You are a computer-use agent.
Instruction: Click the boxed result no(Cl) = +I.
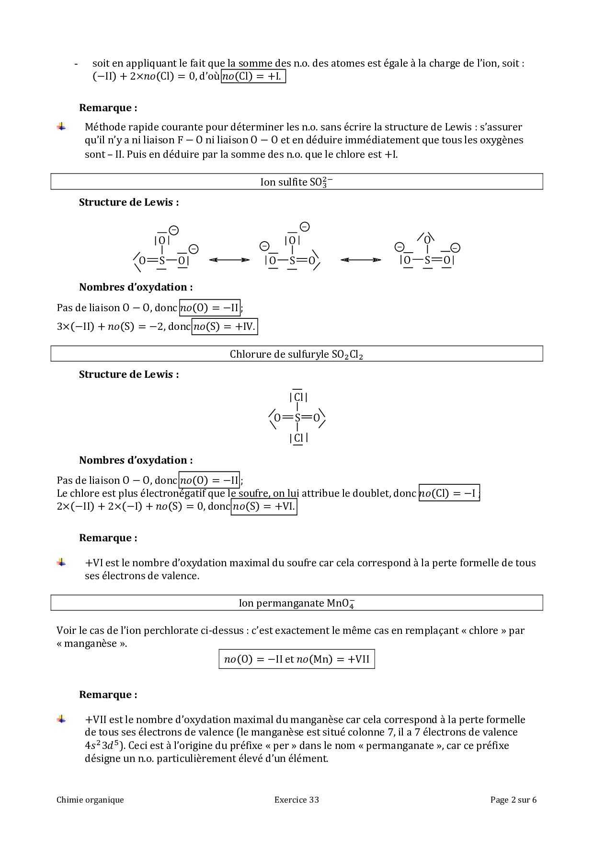pyautogui.click(x=253, y=77)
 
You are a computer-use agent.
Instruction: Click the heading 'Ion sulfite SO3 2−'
pyautogui.click(x=296, y=182)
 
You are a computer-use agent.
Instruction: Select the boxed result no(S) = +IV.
pyautogui.click(x=224, y=327)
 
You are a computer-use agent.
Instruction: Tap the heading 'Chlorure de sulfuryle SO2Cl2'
pyautogui.click(x=296, y=354)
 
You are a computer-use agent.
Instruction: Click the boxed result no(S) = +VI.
pyautogui.click(x=263, y=507)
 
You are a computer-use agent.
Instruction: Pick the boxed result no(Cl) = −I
pyautogui.click(x=449, y=493)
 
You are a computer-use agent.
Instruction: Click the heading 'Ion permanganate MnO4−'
pyautogui.click(x=296, y=603)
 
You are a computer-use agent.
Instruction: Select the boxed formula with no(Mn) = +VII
pyautogui.click(x=297, y=659)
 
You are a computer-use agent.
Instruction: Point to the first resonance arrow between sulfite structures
pyautogui.click(x=229, y=260)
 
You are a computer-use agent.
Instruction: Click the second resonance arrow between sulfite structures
pyautogui.click(x=361, y=260)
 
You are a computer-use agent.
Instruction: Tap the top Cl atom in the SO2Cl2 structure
pyautogui.click(x=298, y=397)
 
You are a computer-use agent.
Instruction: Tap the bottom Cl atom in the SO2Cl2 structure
pyautogui.click(x=298, y=438)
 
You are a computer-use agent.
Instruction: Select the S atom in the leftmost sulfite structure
pyautogui.click(x=162, y=261)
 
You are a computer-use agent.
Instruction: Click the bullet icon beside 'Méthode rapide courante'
pyautogui.click(x=61, y=127)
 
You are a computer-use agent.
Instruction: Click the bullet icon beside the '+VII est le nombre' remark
pyautogui.click(x=61, y=719)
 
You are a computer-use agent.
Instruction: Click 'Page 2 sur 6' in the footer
pyautogui.click(x=513, y=800)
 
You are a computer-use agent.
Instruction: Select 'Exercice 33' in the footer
pyautogui.click(x=297, y=800)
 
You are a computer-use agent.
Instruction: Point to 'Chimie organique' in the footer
pyautogui.click(x=90, y=800)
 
